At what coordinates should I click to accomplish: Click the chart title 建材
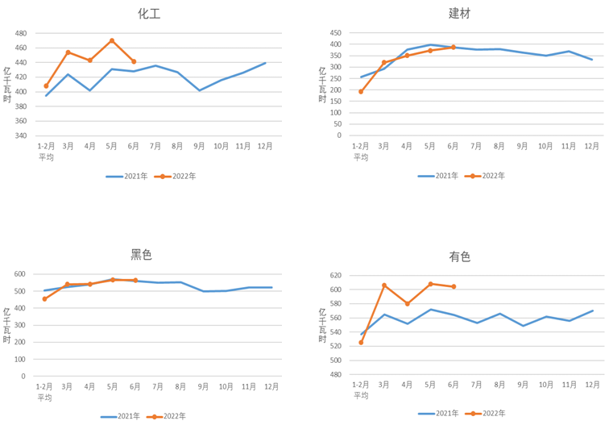[460, 13]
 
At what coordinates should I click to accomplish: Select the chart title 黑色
[141, 255]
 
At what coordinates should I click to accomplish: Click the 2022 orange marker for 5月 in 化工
[112, 40]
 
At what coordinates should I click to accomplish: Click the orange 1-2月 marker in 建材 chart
[361, 91]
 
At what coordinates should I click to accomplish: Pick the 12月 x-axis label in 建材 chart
[592, 146]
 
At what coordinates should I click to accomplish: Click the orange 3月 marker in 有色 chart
[384, 285]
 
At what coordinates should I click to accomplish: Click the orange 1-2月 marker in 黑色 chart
[44, 299]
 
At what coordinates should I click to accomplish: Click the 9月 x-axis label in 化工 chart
[200, 146]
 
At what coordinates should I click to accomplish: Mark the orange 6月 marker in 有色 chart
[454, 286]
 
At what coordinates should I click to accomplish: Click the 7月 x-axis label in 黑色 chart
[158, 386]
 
